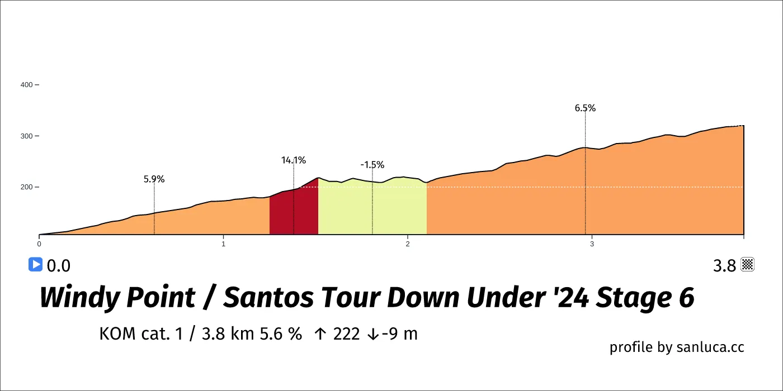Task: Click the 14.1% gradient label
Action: pos(294,160)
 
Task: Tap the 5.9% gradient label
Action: pos(154,179)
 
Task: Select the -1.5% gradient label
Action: pos(372,165)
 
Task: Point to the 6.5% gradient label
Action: pos(585,108)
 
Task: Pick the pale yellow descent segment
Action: pos(372,207)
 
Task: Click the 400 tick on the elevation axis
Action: pos(27,85)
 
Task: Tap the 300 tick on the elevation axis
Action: pos(27,136)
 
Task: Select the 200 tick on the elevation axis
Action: pos(27,187)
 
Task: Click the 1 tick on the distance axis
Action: pos(223,244)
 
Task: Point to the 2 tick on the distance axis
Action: pos(408,244)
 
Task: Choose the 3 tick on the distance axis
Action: pos(592,244)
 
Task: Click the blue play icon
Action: pos(35,264)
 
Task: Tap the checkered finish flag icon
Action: pos(748,264)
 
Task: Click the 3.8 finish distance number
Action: pos(724,266)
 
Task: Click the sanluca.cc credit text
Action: pos(710,347)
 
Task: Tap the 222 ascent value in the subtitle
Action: pos(347,334)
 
